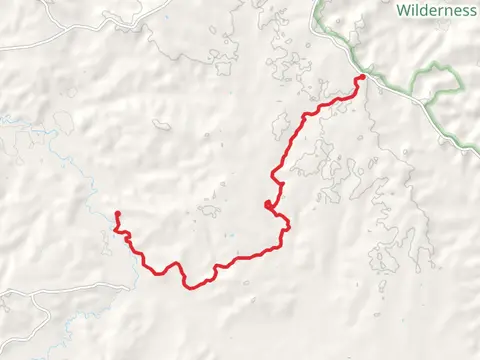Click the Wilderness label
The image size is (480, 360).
437,11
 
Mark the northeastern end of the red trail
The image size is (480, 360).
361,77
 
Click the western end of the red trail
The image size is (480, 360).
117,214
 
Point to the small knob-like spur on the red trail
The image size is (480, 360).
267,206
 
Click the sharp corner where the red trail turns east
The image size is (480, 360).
302,116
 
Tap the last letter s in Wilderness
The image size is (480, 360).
471,11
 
